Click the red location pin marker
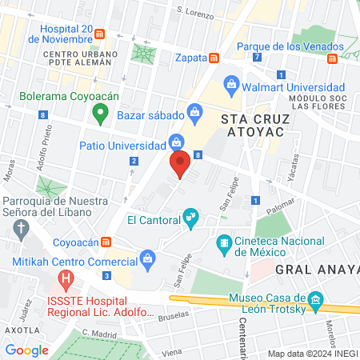tap(181, 163)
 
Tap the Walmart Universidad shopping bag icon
tap(231, 83)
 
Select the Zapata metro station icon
tap(214, 58)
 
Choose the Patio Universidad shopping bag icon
tap(175, 145)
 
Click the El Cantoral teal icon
tap(190, 216)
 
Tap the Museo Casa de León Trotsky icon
tap(316, 302)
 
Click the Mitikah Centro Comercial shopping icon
tap(147, 258)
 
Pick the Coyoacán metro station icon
tap(117, 242)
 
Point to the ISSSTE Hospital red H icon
tap(66, 281)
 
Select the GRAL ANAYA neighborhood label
tap(316, 270)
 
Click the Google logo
tap(26, 350)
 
